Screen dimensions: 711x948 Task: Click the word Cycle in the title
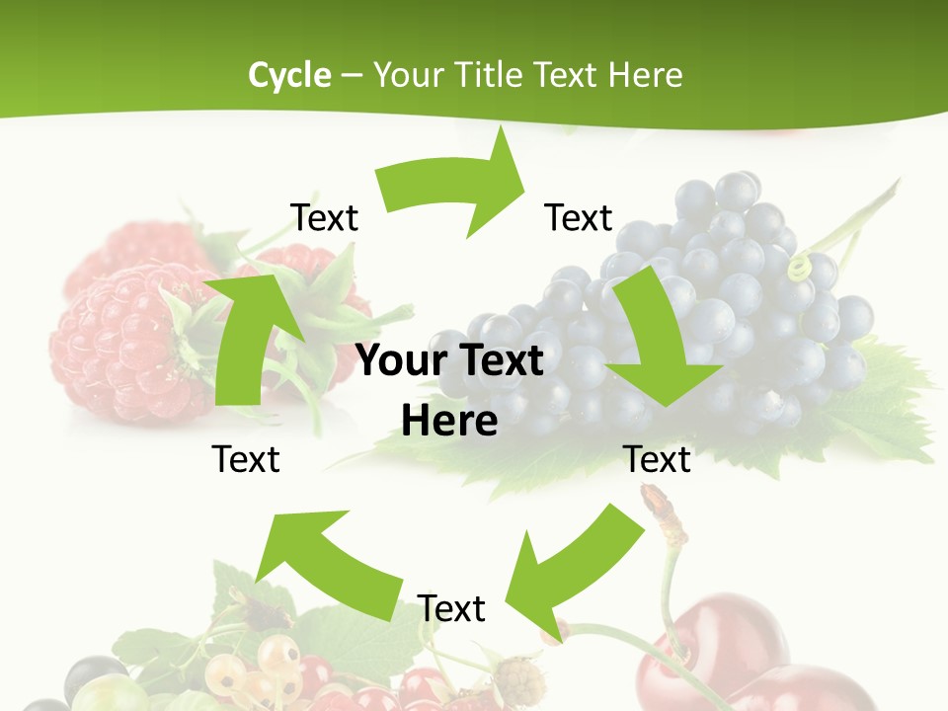pyautogui.click(x=289, y=75)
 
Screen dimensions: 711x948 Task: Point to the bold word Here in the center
pyautogui.click(x=449, y=421)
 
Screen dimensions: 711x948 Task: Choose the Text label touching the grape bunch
pyautogui.click(x=579, y=217)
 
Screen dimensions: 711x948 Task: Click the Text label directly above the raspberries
pyautogui.click(x=324, y=217)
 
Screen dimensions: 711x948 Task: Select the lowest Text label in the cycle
pyautogui.click(x=451, y=608)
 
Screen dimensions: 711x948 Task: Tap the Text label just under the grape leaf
pyautogui.click(x=657, y=459)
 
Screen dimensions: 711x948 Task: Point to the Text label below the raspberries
pyautogui.click(x=246, y=459)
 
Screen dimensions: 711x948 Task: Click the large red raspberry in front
pyautogui.click(x=118, y=336)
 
